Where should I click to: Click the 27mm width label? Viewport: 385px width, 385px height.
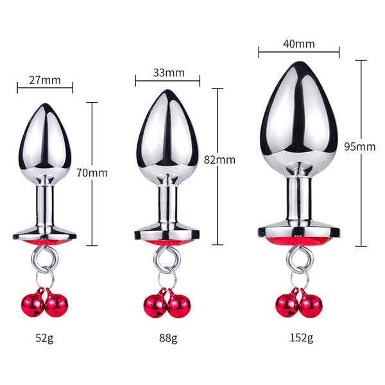[x=45, y=80]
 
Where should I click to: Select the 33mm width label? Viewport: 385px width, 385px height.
[x=169, y=73]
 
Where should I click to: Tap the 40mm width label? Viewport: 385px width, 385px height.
[x=299, y=44]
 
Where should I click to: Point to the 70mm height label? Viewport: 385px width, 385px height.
[x=92, y=173]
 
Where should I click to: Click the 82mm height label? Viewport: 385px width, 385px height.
[x=219, y=160]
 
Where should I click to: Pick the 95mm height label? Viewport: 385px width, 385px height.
[x=360, y=147]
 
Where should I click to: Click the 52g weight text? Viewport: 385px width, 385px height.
[x=44, y=338]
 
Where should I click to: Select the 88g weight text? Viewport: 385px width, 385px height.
[x=168, y=338]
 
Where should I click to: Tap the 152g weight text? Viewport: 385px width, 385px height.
[x=302, y=338]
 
